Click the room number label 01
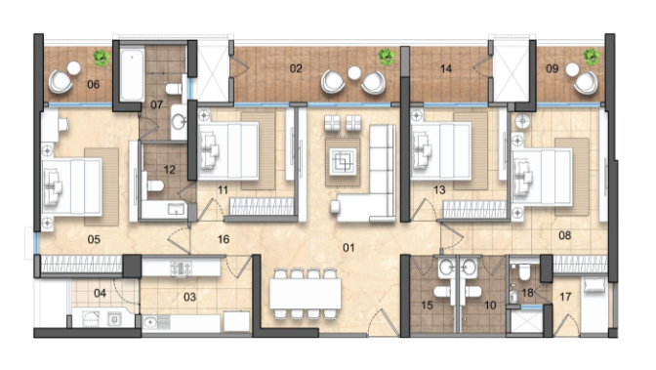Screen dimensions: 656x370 pos(348,248)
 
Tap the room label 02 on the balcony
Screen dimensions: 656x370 pos(296,68)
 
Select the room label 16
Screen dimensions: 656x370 pos(224,239)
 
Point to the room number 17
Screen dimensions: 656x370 pos(565,297)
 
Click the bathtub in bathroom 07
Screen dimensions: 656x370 pos(132,75)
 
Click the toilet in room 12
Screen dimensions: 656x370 pos(153,185)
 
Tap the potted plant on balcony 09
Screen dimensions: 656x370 pos(592,57)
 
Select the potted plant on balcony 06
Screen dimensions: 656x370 pos(102,59)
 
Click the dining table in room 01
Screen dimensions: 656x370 pos(305,294)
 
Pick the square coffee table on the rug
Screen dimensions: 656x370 pos(343,161)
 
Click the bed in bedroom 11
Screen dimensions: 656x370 pos(228,151)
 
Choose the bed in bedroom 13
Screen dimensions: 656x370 pos(441,150)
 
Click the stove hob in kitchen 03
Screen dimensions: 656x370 pos(182,268)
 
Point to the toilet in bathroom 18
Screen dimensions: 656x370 pos(524,272)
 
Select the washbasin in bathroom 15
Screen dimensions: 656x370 pos(446,266)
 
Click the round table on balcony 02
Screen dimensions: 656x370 pos(354,73)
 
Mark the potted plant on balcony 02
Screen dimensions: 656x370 pos(387,58)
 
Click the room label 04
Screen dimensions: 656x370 pos(100,293)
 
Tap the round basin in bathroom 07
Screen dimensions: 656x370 pos(180,122)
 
